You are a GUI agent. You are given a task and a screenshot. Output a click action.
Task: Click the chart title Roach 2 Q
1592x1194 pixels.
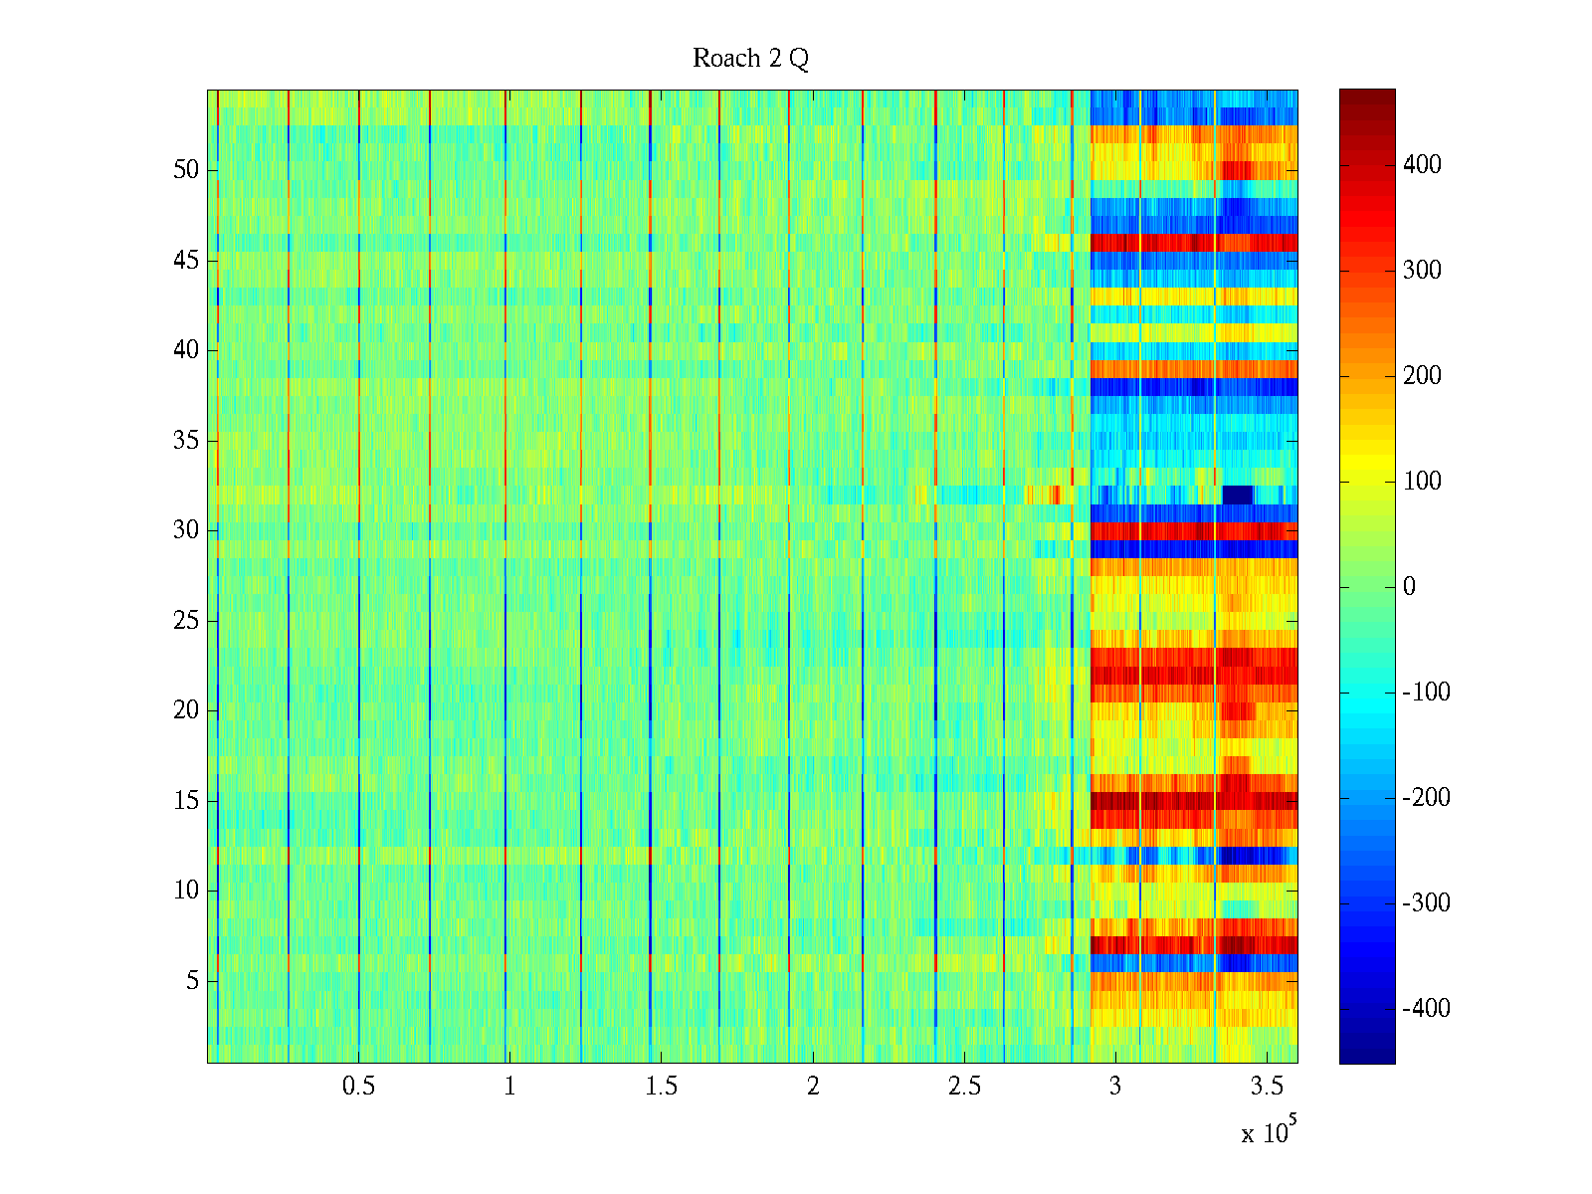750,59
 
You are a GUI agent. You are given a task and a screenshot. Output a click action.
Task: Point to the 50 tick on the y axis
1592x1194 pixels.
186,170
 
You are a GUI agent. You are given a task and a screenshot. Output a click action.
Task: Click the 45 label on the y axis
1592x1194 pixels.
186,261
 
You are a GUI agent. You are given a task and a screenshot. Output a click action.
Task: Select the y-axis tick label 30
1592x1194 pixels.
186,530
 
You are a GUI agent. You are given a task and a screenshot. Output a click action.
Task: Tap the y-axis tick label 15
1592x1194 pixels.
186,801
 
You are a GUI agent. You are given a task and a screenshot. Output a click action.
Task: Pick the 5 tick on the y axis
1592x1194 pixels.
192,981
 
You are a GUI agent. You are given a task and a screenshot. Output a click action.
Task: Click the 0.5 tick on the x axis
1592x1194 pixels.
358,1087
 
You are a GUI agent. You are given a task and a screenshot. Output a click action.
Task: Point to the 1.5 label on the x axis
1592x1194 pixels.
662,1087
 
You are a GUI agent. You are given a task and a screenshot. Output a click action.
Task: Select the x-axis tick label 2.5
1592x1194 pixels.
964,1087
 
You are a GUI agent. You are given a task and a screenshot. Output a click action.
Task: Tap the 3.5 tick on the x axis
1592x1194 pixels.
1267,1087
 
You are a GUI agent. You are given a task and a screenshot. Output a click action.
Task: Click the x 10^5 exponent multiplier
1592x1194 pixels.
1269,1131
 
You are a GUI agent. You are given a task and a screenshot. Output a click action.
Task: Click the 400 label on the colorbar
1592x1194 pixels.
1422,165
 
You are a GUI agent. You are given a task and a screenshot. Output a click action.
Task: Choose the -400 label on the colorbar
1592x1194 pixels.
1426,1009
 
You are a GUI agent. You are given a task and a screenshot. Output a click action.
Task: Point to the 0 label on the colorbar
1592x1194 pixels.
1409,587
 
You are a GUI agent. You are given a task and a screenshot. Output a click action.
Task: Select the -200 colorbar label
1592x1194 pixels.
1426,798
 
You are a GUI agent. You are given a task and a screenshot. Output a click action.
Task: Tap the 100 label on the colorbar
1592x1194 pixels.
1422,482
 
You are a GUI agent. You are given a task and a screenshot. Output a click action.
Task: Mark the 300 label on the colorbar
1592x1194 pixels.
1422,271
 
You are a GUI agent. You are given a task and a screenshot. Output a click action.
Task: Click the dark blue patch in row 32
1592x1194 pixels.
1237,495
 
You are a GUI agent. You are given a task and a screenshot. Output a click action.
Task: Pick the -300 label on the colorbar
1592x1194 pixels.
1426,903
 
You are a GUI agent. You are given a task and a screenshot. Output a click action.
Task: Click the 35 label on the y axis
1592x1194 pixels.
186,441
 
